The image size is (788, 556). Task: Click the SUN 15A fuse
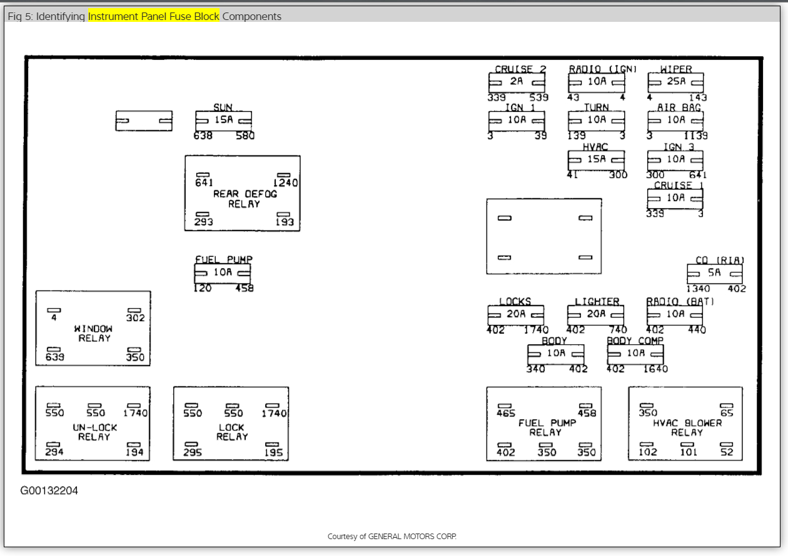tap(223, 121)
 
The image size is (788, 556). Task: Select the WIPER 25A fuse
tap(675, 82)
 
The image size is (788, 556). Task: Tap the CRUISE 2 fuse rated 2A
tap(517, 82)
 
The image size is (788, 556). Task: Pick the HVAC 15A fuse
tap(596, 160)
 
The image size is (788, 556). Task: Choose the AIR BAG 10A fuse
tap(675, 121)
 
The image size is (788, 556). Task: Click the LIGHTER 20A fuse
tap(595, 315)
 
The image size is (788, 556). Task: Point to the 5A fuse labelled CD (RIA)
tap(714, 274)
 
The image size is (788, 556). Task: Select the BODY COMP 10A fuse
tap(635, 354)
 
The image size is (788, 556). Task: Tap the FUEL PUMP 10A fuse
tap(223, 273)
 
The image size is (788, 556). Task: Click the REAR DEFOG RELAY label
tap(245, 199)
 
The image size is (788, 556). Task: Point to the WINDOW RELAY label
tap(94, 333)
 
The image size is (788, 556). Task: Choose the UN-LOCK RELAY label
tap(94, 432)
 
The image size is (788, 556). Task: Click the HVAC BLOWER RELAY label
tap(687, 427)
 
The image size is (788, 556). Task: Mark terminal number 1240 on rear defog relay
tap(285, 183)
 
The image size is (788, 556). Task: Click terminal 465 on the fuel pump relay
tap(505, 413)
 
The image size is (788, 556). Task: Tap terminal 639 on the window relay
tap(54, 357)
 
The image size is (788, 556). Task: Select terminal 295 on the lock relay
tap(192, 452)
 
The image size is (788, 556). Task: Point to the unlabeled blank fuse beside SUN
tap(144, 121)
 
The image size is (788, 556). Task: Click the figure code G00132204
tap(49, 491)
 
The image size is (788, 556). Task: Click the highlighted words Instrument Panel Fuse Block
tap(154, 16)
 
